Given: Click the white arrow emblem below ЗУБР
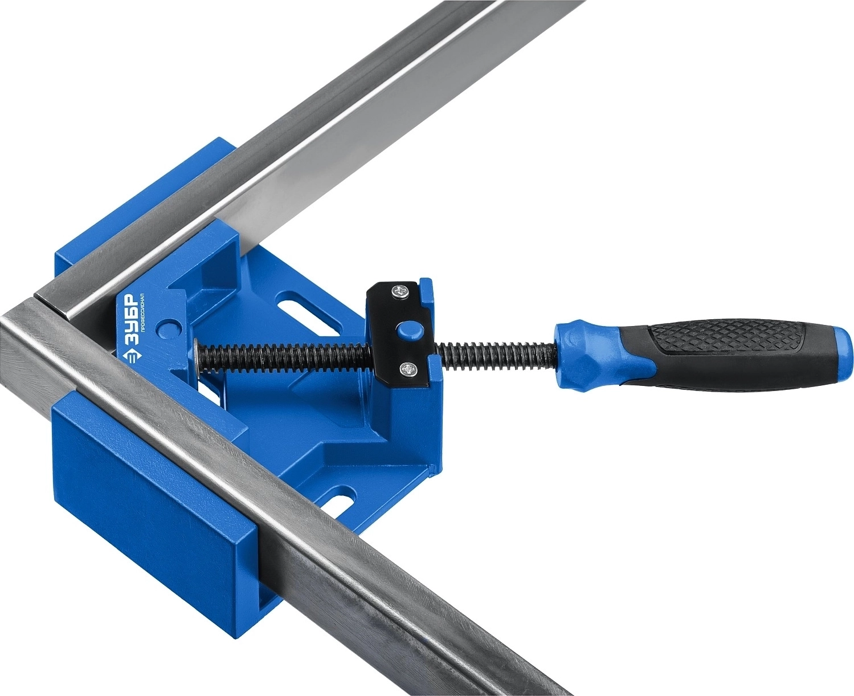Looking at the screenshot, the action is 128,359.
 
